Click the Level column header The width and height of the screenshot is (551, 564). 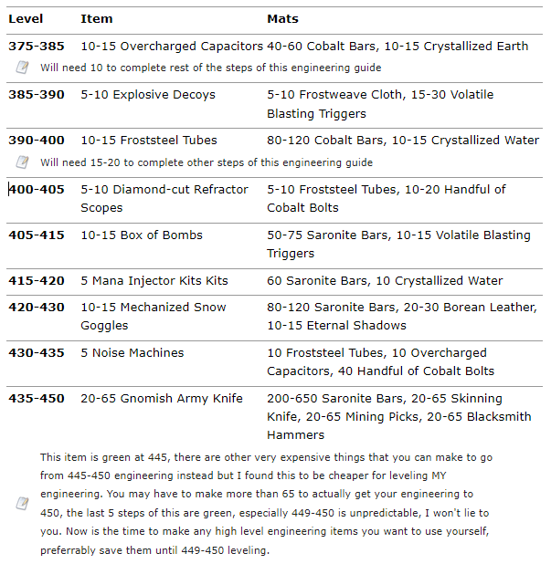pos(26,18)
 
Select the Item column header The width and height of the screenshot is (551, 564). pos(97,18)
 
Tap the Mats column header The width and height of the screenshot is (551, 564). pos(282,18)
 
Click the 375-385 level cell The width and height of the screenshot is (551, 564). pos(37,46)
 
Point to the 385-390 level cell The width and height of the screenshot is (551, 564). pos(37,95)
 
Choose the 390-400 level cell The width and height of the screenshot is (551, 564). pos(37,141)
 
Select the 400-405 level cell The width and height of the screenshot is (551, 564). pos(37,190)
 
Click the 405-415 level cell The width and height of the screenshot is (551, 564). pos(37,235)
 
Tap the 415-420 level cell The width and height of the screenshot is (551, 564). pos(37,281)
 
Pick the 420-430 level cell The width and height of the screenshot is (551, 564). pos(37,308)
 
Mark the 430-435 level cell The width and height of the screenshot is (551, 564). pos(37,353)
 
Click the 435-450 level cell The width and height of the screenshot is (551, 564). pos(37,399)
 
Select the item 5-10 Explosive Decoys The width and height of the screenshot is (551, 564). pos(148,95)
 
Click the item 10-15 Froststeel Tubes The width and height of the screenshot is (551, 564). pos(149,141)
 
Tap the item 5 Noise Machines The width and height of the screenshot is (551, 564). pos(132,353)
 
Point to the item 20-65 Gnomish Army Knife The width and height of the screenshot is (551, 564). pos(162,399)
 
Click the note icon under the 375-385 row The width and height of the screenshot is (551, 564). pos(23,68)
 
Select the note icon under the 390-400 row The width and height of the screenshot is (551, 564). pos(23,162)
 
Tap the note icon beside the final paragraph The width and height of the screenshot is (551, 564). pos(23,504)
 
